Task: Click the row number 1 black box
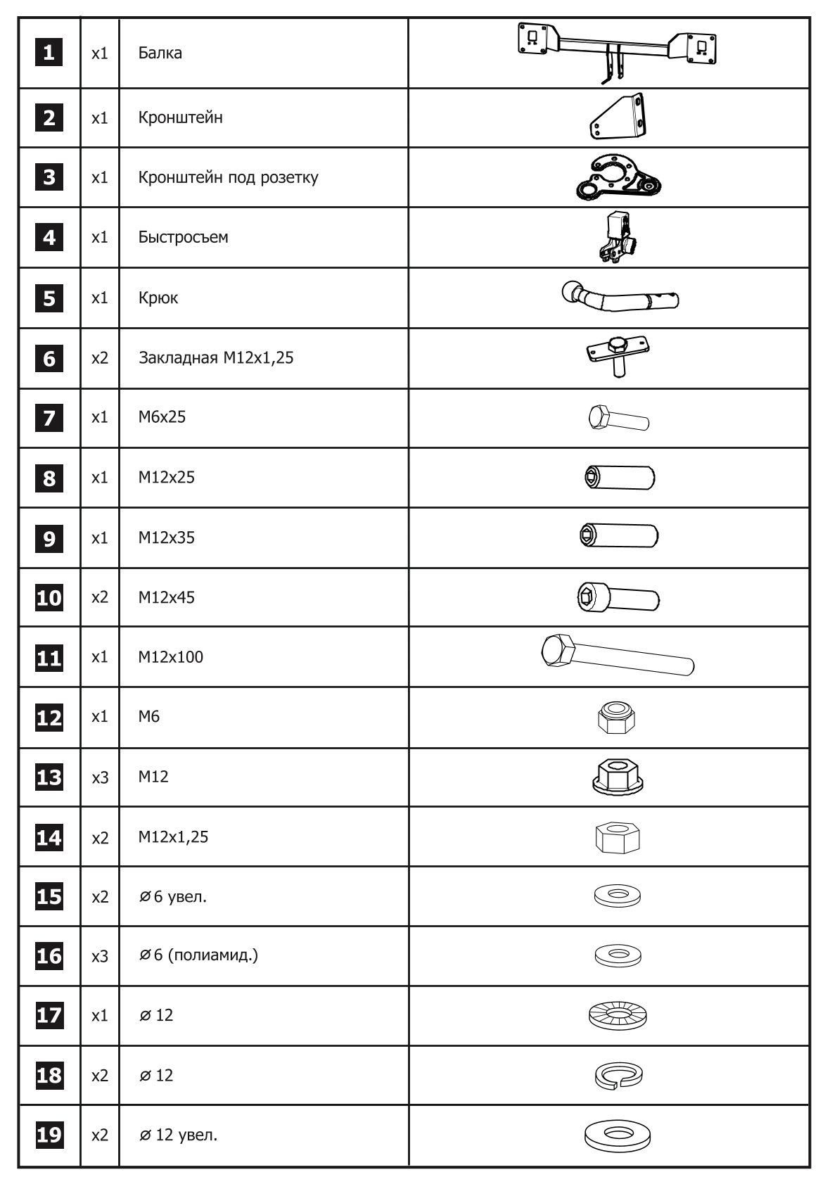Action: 49,53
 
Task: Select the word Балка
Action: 160,53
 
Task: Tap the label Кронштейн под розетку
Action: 228,177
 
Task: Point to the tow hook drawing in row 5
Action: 620,298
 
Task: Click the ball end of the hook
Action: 573,291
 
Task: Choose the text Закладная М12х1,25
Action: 216,358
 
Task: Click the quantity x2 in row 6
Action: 100,358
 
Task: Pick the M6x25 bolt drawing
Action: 618,418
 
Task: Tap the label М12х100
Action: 171,657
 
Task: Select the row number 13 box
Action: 49,777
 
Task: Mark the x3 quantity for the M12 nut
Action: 100,777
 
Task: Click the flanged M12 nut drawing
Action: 618,777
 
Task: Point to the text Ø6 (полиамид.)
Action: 198,955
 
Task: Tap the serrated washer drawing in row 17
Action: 618,1015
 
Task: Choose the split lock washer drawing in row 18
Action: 618,1075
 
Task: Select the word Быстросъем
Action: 183,237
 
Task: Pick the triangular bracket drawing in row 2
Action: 618,117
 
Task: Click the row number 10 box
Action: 49,598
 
